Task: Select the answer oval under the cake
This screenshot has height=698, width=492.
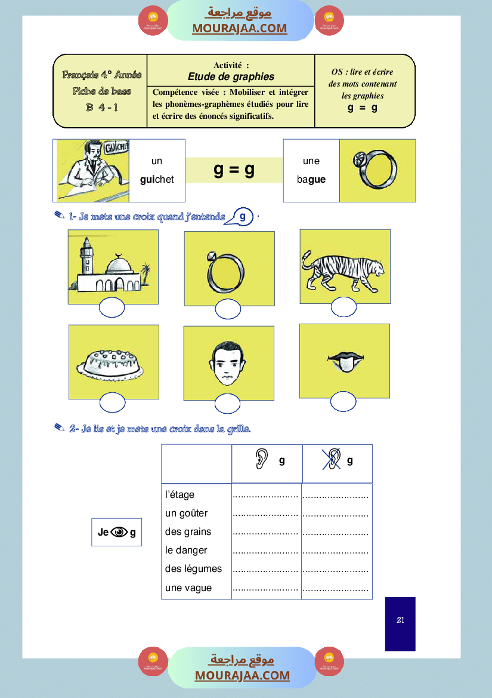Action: coord(112,403)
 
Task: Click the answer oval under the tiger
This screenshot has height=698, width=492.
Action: coord(344,307)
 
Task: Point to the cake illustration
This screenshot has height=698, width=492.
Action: coord(113,363)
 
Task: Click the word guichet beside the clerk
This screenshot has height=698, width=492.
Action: coord(157,179)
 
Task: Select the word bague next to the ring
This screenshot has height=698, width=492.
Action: coord(311,179)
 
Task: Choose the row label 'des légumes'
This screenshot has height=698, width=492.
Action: coord(193,569)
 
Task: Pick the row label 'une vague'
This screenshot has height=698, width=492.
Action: coord(188,588)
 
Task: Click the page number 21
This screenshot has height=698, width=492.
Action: coord(400,620)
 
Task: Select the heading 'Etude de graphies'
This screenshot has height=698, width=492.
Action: coord(231,76)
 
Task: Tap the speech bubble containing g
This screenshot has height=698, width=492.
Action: coord(242,217)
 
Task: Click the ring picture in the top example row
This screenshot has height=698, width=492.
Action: coord(377,171)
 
